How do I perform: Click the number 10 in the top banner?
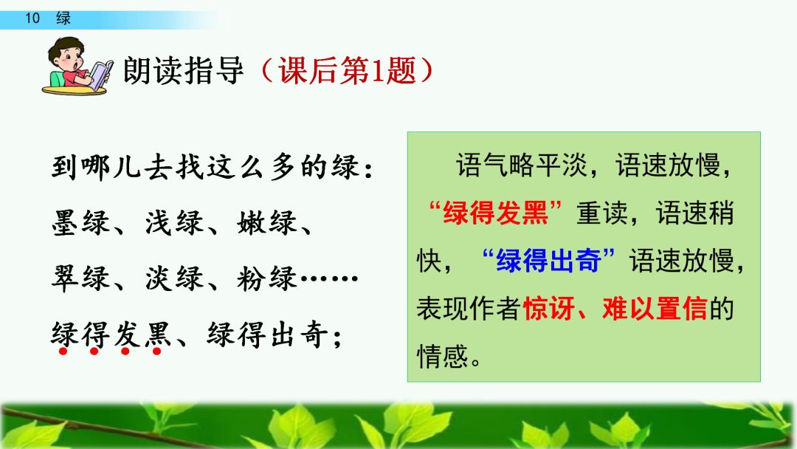32,18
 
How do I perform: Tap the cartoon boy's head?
66,54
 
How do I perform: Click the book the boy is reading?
100,75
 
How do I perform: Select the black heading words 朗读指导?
184,70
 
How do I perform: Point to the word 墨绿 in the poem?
81,222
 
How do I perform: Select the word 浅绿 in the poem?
174,222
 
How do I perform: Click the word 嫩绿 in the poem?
267,222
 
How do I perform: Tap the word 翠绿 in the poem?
81,278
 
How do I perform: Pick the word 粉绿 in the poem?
267,278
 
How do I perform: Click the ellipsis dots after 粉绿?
329,278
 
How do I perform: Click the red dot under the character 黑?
156,351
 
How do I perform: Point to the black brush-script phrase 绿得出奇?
267,334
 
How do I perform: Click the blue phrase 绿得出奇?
548,261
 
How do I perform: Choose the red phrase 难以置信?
655,308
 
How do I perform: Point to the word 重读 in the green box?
602,213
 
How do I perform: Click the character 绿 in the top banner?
63,18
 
